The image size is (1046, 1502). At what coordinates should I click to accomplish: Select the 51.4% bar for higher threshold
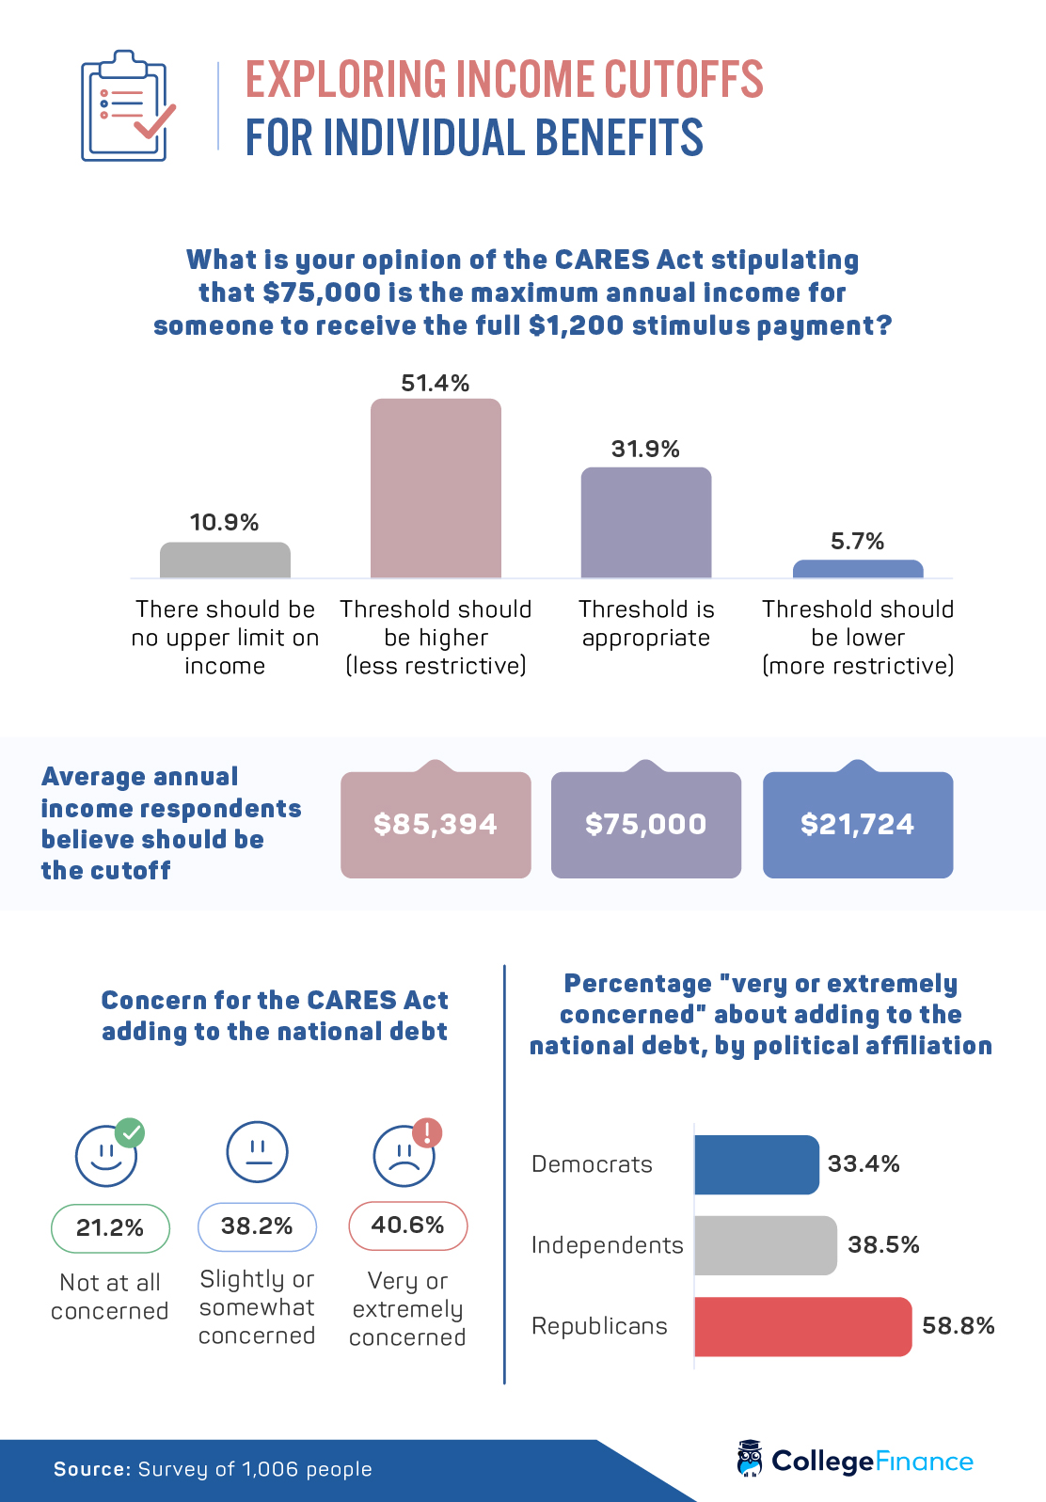tap(436, 488)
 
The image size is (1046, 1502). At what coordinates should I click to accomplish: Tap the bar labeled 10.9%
tap(225, 560)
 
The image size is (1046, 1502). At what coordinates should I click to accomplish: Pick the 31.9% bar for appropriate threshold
tap(646, 522)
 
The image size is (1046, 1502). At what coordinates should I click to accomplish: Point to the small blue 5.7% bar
tap(858, 569)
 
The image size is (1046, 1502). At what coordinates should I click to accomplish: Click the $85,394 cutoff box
tap(436, 825)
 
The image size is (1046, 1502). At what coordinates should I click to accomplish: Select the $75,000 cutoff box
tap(646, 825)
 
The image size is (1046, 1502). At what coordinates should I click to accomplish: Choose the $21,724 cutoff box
tap(858, 825)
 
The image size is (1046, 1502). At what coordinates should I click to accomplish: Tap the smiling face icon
tap(106, 1155)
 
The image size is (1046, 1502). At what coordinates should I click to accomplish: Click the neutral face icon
tap(257, 1151)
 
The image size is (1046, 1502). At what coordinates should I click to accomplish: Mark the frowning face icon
tap(404, 1155)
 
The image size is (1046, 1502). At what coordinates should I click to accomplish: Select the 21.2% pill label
tap(110, 1228)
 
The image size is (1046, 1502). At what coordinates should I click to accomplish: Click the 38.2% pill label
tap(257, 1226)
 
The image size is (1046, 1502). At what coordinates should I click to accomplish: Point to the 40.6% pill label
tap(407, 1225)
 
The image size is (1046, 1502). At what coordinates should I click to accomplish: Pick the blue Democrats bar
tap(756, 1164)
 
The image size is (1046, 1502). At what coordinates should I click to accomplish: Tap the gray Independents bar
tap(765, 1245)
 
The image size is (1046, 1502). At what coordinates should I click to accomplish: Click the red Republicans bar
tap(802, 1326)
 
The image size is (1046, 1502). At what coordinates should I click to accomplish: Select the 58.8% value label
tap(958, 1326)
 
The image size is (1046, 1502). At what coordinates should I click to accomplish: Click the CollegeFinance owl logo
tap(750, 1459)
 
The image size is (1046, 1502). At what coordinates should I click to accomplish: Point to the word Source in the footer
tap(91, 1469)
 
